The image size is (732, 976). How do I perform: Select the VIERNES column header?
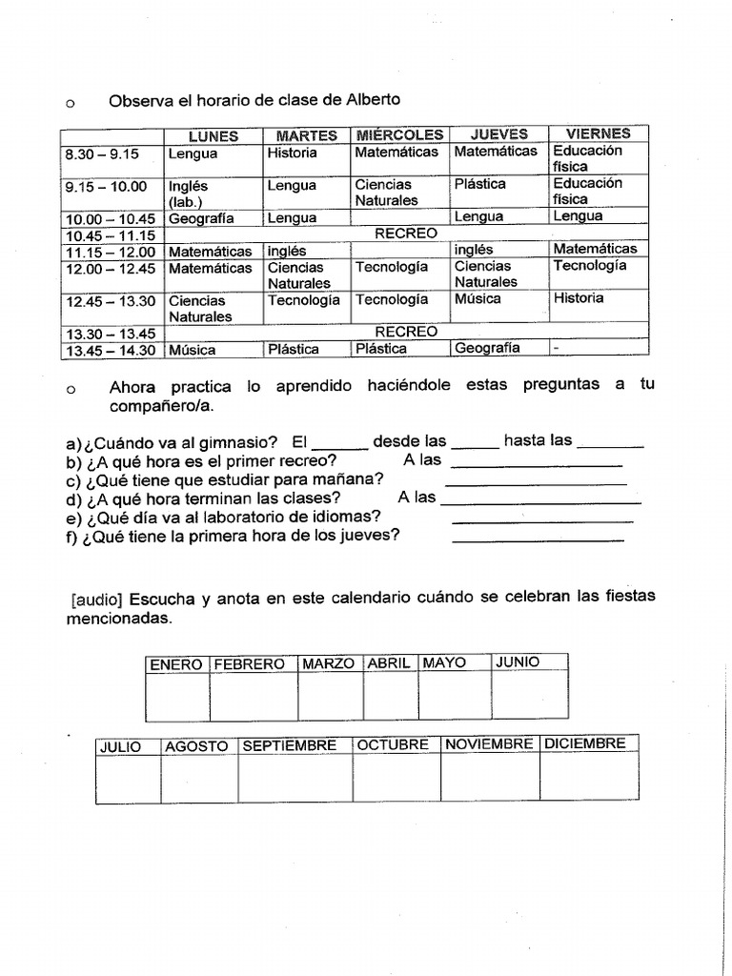pos(598,134)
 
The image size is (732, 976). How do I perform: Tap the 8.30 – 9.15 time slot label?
pos(102,152)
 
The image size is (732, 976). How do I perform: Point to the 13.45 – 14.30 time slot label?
pos(110,350)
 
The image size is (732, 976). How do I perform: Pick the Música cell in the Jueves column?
pos(478,299)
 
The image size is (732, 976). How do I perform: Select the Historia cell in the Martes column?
pos(292,152)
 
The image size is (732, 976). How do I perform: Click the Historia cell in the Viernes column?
pos(579,298)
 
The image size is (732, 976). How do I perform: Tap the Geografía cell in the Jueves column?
pos(487,348)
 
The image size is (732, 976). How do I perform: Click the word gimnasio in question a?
pos(232,441)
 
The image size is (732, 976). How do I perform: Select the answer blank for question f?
pos(538,540)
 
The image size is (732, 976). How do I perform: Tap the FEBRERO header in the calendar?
pos(249,664)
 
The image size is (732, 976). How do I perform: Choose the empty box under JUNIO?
pos(529,696)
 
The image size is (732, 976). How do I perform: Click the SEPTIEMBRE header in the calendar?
pos(290,745)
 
